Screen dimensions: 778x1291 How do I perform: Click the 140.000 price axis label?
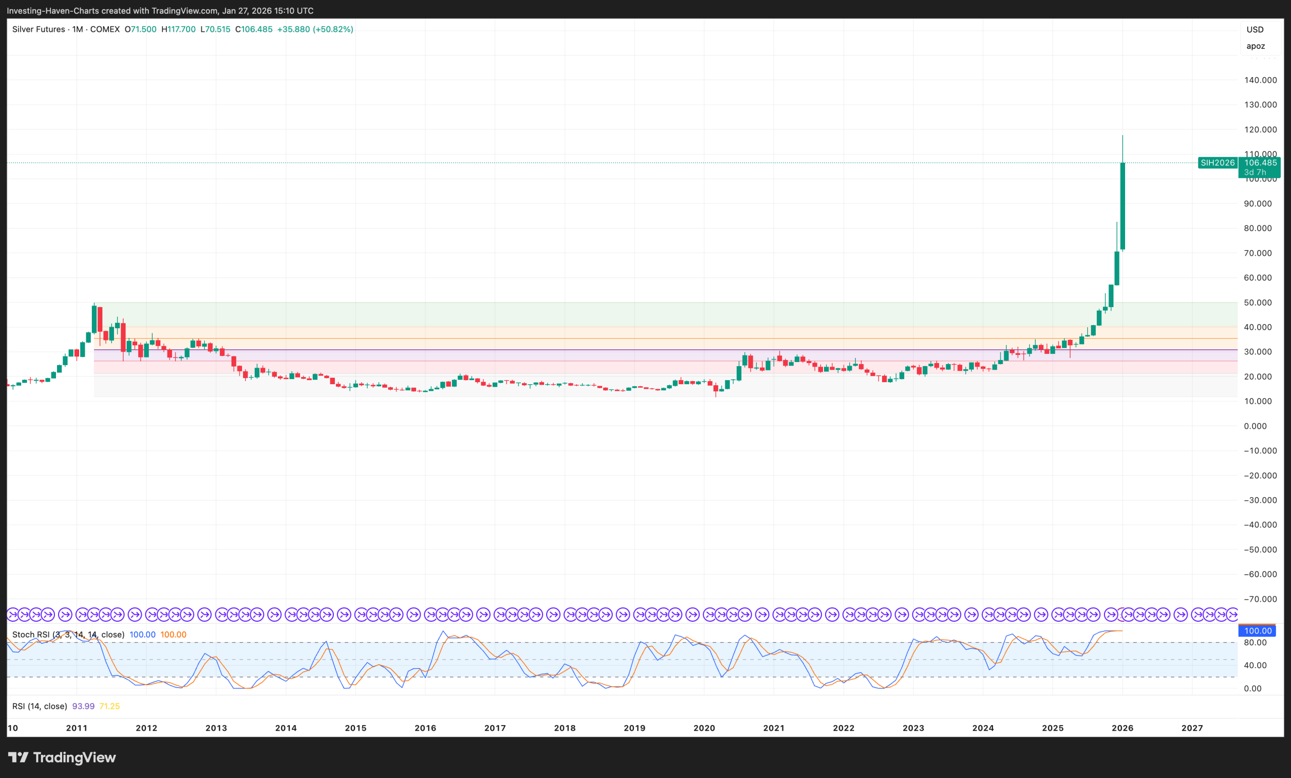pos(1260,80)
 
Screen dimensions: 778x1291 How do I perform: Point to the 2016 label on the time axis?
pos(425,728)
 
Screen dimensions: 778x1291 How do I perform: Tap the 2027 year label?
pos(1192,728)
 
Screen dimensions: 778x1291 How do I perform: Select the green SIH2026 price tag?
pos(1218,163)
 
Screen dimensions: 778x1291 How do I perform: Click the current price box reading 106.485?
pos(1260,163)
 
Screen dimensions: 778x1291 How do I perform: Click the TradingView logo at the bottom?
pos(62,757)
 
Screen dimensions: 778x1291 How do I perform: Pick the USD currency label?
pos(1255,29)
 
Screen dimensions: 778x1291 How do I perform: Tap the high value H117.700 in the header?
pos(178,29)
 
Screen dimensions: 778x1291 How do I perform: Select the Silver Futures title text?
pos(39,29)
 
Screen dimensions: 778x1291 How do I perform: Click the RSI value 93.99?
pos(83,706)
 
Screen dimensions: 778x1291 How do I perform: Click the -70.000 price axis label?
pos(1260,599)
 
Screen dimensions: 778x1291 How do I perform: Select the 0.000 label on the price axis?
pos(1255,426)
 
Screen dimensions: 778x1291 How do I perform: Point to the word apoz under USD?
pos(1255,46)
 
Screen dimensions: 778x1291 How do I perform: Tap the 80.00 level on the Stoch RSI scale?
pos(1255,642)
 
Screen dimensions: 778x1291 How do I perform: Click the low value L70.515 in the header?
pos(215,29)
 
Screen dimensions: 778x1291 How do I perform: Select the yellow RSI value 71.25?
pos(109,706)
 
